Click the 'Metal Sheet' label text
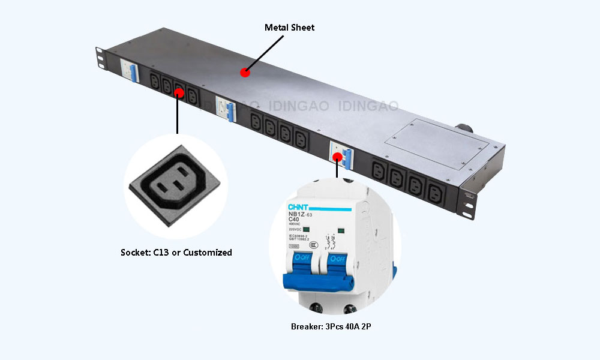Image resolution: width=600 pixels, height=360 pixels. [x=289, y=28]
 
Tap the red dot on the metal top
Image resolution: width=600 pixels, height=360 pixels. [x=244, y=73]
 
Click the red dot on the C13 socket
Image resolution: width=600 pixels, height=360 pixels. [x=178, y=92]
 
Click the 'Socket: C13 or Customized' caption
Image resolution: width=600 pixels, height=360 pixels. [x=176, y=253]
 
